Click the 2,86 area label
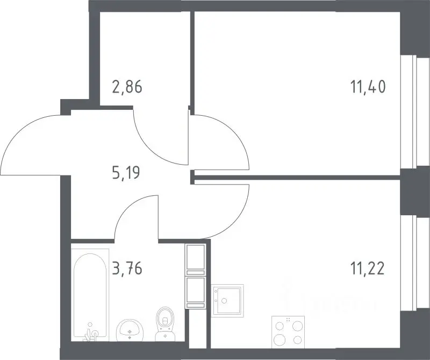pos(127,87)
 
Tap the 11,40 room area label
pos(368,87)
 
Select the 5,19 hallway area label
pos(126,173)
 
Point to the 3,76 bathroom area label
pos(127,268)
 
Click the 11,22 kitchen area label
pos(368,268)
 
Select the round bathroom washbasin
pos(129,330)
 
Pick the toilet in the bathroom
pos(164,324)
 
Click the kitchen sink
pos(227,300)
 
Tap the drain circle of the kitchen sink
pos(224,300)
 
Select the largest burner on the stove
pos(279,340)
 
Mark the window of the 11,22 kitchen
pos(415,264)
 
